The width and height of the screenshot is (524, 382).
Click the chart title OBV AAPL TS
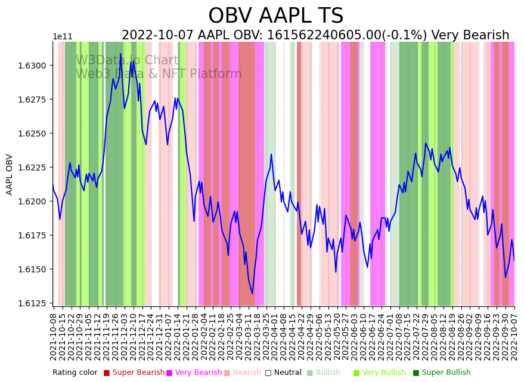click(x=275, y=16)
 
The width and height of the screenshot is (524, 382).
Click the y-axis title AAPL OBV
click(x=10, y=175)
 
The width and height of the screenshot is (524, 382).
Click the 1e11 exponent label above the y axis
click(x=63, y=37)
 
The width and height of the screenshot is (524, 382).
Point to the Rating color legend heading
click(x=75, y=372)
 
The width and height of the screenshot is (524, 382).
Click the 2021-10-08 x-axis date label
click(x=53, y=336)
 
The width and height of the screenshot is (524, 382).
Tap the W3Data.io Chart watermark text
click(x=127, y=60)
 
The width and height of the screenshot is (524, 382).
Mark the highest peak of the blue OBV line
click(x=120, y=54)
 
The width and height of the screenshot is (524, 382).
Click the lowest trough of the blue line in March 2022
click(x=252, y=294)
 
